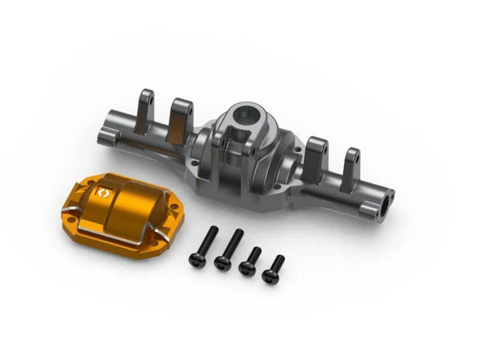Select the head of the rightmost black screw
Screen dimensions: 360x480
click(270, 277)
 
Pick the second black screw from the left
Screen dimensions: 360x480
click(227, 249)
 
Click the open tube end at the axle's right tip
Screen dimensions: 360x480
click(390, 194)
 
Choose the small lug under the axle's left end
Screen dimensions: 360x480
click(110, 142)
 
